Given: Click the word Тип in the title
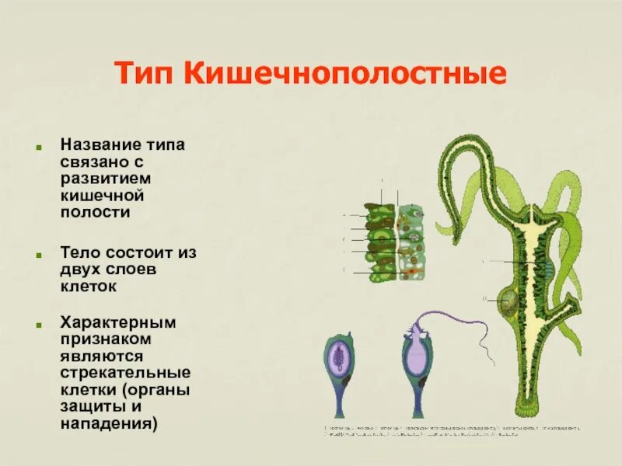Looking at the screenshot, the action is (x=143, y=75).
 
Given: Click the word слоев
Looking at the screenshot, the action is (x=129, y=269).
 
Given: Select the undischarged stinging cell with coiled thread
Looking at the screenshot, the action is (x=339, y=357).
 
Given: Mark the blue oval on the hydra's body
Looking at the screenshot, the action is (x=548, y=271).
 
